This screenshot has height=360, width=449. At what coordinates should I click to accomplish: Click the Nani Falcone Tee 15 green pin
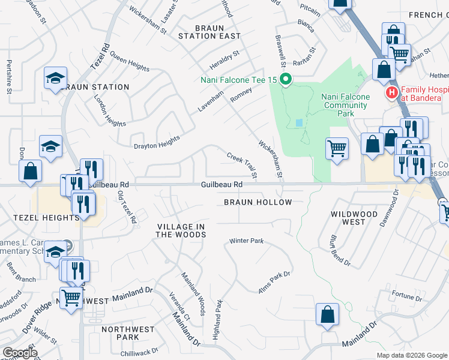[x=286, y=79]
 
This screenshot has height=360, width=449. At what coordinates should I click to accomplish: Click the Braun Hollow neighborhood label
[x=258, y=202]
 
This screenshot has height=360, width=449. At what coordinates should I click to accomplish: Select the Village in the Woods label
[x=181, y=230]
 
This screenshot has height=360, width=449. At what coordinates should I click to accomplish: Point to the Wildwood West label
[x=354, y=218]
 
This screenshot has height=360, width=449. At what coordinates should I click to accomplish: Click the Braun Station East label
[x=209, y=32]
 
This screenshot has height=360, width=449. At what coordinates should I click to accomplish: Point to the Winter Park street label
[x=246, y=241]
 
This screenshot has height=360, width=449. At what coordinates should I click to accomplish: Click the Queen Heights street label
[x=130, y=64]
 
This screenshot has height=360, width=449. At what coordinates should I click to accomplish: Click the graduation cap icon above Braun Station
[x=55, y=78]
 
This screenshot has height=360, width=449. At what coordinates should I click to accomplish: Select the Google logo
[x=20, y=353]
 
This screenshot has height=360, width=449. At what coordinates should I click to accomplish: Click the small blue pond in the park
[x=299, y=122]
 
